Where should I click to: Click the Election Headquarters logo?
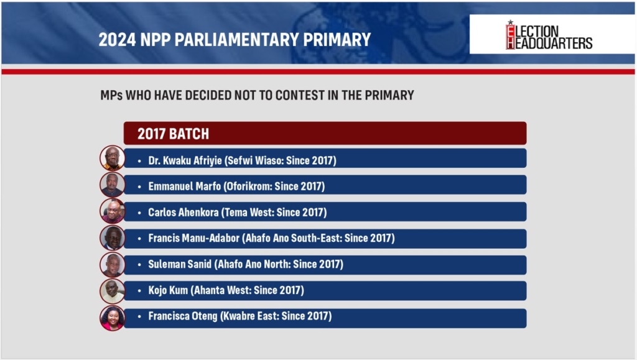(x=549, y=35)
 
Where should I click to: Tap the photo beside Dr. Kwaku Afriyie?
(x=112, y=158)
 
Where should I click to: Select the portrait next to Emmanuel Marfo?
(x=112, y=185)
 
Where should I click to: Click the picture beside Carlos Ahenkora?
(x=112, y=211)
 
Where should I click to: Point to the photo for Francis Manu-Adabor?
(x=112, y=238)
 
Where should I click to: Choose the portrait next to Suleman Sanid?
(x=112, y=265)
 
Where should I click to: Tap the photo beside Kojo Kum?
(x=112, y=291)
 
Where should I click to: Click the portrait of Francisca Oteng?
(x=112, y=318)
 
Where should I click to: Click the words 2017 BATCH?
(x=173, y=134)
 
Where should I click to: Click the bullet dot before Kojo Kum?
(x=139, y=290)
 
